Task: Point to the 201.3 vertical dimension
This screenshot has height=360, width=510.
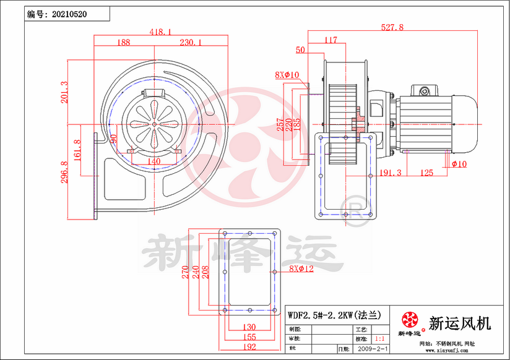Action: point(64,92)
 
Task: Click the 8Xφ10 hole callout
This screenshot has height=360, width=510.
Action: point(287,75)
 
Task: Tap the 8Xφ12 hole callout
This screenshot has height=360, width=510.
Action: point(301,269)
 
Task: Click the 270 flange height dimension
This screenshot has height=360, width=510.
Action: point(185,272)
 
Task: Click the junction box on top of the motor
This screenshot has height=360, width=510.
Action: point(425,92)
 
